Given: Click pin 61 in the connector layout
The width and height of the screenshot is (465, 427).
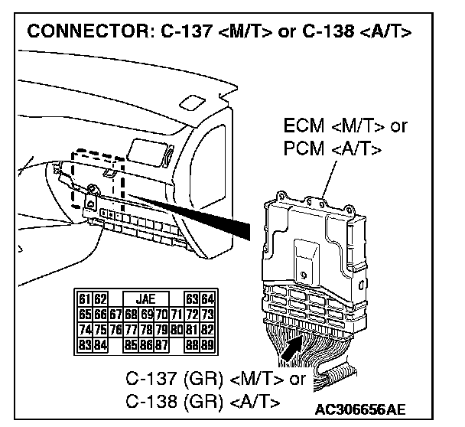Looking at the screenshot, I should (x=83, y=298).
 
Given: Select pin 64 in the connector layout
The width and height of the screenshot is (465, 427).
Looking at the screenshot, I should (x=207, y=298).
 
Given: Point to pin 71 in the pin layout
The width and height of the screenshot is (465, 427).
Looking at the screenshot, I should (x=174, y=314).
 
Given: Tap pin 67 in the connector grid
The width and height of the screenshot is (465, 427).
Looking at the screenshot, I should (x=114, y=314).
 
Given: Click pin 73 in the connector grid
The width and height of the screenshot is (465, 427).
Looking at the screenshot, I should (x=207, y=314).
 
